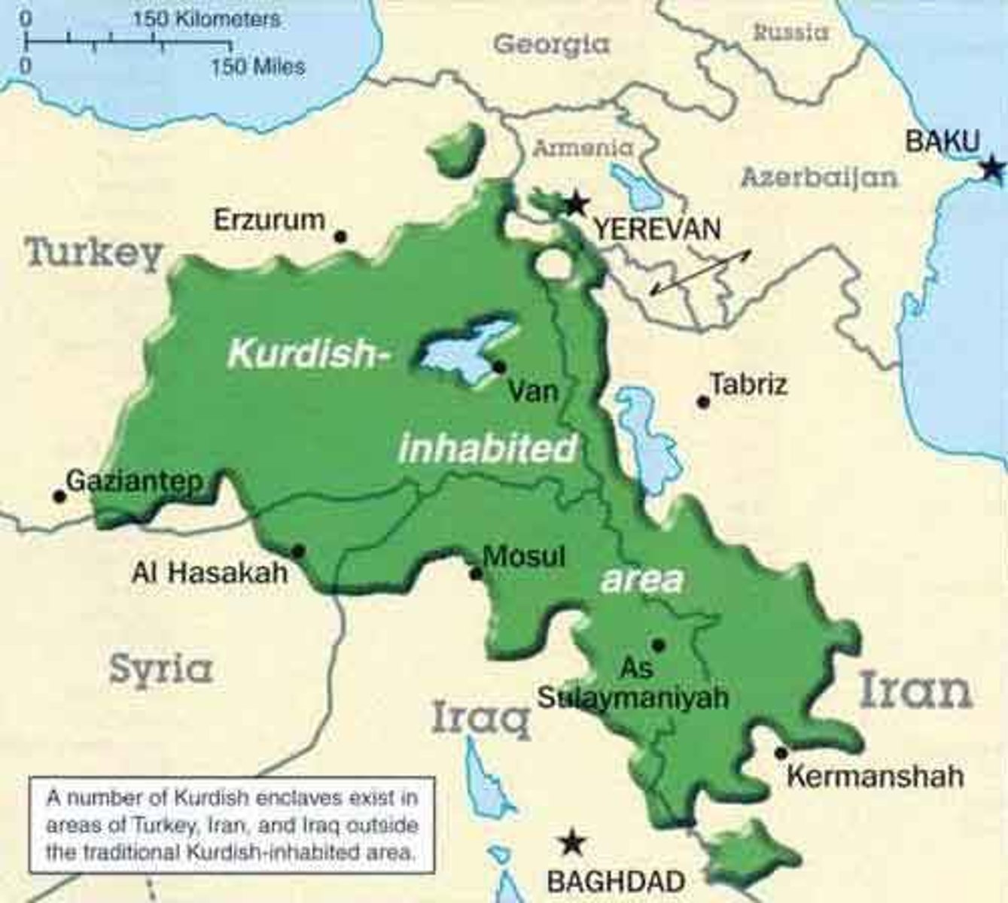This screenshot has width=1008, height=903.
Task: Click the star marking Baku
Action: tap(994, 169)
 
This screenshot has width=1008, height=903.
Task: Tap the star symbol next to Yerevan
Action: tap(577, 202)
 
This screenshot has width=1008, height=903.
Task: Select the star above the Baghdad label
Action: tap(573, 842)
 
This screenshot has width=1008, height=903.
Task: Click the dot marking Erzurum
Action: tap(340, 236)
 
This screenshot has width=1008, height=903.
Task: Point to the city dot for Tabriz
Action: tap(703, 403)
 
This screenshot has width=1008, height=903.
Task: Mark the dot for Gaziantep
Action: tap(59, 496)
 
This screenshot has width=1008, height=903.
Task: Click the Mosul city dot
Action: tap(476, 574)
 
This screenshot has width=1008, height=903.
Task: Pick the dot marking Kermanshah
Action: tap(781, 752)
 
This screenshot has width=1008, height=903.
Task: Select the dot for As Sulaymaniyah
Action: tap(658, 645)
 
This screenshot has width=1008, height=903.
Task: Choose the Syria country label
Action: tap(160, 668)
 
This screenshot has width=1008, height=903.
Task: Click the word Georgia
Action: tap(551, 44)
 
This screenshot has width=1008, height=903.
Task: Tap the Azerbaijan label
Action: tap(819, 178)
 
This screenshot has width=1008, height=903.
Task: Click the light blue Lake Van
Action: tap(465, 348)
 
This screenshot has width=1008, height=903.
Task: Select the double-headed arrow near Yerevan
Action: tap(700, 272)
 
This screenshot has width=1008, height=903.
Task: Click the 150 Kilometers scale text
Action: tap(206, 19)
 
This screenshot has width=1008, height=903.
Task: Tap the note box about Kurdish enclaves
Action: tap(232, 825)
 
